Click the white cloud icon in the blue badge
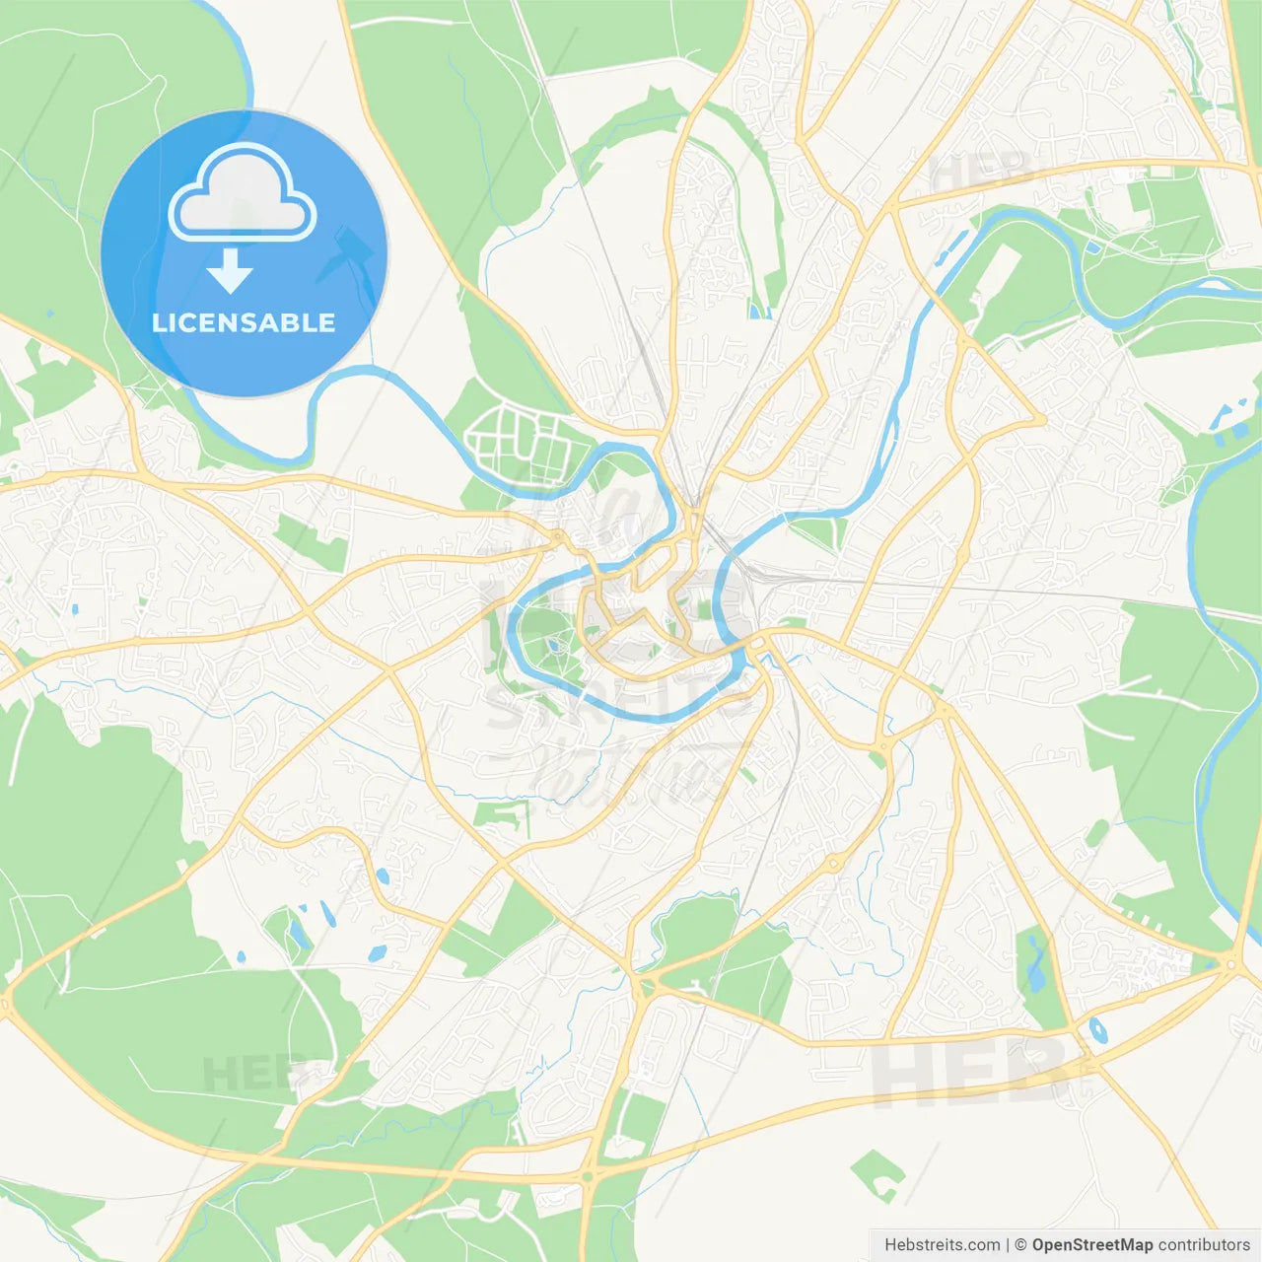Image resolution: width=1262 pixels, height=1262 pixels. click(243, 192)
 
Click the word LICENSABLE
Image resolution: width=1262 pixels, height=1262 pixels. click(244, 322)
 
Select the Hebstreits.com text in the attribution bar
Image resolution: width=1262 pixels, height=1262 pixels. click(942, 1245)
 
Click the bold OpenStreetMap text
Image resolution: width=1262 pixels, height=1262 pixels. click(1092, 1245)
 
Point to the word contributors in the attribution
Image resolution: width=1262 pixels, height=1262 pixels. click(1204, 1245)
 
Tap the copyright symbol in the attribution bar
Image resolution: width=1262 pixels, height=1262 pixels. click(1021, 1245)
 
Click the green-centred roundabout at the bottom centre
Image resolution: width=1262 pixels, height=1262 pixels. click(589, 1176)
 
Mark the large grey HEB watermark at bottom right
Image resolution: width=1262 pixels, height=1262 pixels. click(971, 1070)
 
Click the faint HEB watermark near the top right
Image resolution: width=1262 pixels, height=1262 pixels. click(981, 173)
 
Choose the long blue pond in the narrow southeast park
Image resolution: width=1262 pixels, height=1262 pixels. click(1035, 961)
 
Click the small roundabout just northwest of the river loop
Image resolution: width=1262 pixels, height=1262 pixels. click(558, 536)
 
